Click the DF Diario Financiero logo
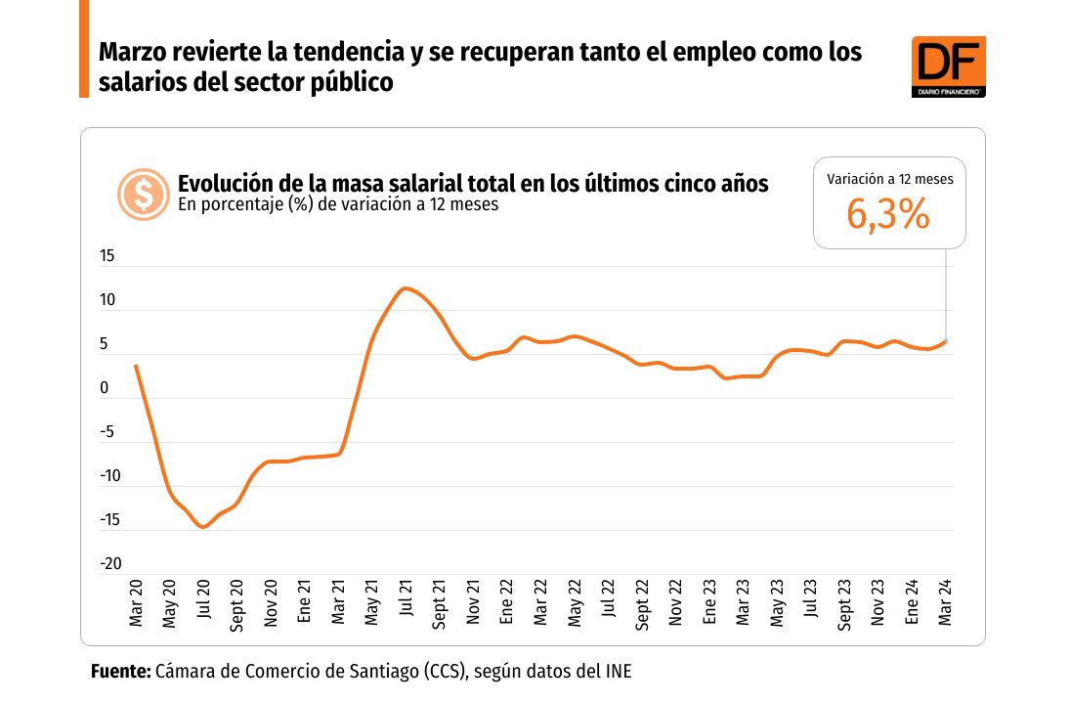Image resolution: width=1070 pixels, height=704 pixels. (948, 66)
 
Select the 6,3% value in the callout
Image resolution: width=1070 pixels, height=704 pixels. (887, 216)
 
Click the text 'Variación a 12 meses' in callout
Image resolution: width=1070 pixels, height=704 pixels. (889, 180)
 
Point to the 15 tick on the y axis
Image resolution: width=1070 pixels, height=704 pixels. (107, 257)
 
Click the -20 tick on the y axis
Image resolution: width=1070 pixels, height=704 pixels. (109, 564)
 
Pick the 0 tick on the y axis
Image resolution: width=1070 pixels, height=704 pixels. (105, 389)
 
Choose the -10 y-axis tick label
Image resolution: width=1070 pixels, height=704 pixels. (109, 476)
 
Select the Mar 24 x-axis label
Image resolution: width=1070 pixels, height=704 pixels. (946, 604)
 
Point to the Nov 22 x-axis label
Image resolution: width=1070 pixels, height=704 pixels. (676, 604)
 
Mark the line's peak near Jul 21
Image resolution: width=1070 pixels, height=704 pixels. (405, 288)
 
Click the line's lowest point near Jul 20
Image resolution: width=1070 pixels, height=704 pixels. (202, 527)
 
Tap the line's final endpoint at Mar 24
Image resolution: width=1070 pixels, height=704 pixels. (945, 341)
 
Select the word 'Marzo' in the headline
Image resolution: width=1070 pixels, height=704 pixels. (133, 52)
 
